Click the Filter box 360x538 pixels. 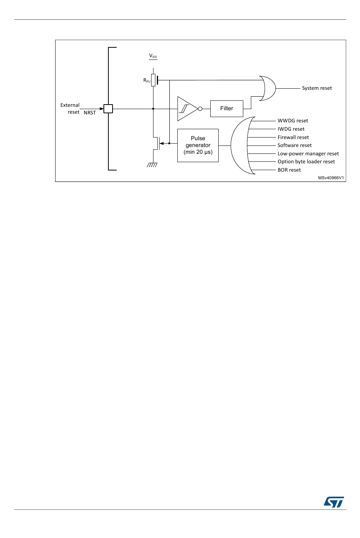(x=227, y=109)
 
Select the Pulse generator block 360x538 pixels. (x=198, y=145)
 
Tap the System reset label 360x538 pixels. (x=316, y=88)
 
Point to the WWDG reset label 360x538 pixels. (x=293, y=121)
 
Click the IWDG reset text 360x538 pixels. (x=291, y=129)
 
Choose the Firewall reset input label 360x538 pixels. (x=293, y=138)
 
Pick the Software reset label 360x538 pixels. (x=294, y=145)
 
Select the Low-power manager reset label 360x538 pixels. (x=308, y=154)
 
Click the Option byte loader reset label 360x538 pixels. (x=306, y=162)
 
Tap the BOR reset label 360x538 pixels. (x=289, y=170)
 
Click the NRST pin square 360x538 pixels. (x=108, y=109)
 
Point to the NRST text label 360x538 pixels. (x=90, y=113)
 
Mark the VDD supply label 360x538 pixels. (x=153, y=56)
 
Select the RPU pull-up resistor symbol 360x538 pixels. (x=153, y=80)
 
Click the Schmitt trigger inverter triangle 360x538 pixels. (x=187, y=109)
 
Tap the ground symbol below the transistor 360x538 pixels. (x=152, y=165)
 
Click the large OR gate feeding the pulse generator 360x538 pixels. (x=241, y=145)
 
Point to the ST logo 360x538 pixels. (x=334, y=502)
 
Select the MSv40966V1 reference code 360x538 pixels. (x=331, y=178)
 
